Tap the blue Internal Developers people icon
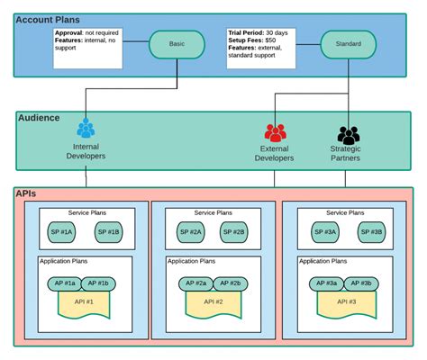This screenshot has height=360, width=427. tap(86, 129)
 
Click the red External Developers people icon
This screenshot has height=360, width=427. tap(275, 132)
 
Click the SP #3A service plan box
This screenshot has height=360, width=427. tap(324, 232)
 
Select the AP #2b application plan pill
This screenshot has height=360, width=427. tap(231, 283)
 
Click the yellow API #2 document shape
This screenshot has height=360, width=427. tap(213, 304)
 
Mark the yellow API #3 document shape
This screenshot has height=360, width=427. tap(347, 304)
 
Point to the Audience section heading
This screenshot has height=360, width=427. tap(39, 117)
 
